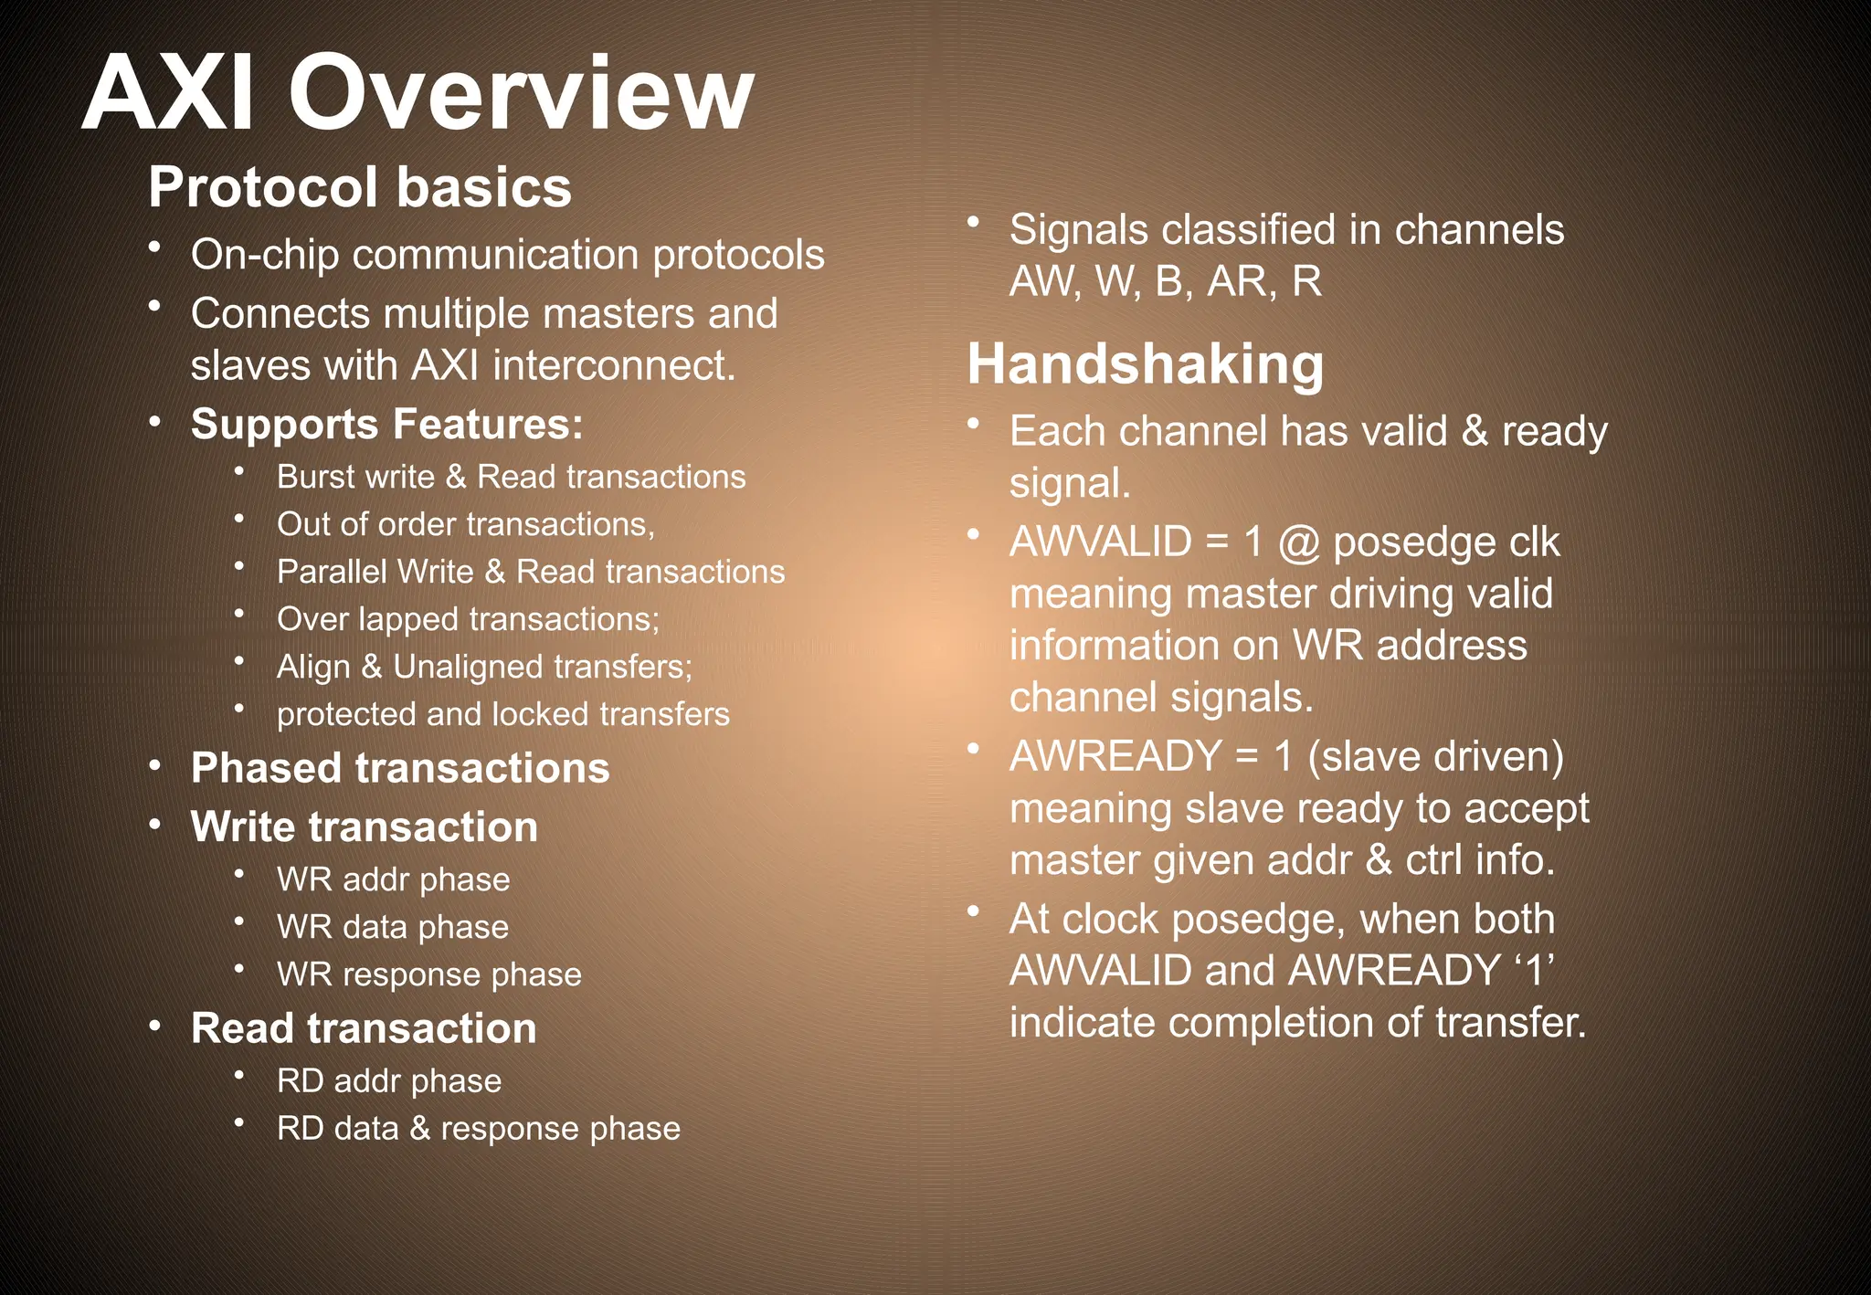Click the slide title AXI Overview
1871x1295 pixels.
click(x=418, y=93)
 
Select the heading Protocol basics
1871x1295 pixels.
click(x=360, y=187)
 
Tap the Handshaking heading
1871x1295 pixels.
click(x=1145, y=364)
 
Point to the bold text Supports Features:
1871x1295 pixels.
click(x=386, y=425)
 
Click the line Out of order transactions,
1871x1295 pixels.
click(x=466, y=524)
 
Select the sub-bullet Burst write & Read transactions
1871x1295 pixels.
click(x=511, y=477)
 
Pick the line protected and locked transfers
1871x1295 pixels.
click(x=503, y=714)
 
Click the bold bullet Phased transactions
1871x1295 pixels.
click(x=400, y=768)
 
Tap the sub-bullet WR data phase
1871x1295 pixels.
click(x=393, y=927)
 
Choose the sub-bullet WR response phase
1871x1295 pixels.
click(x=429, y=974)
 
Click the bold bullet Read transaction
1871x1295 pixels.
click(x=364, y=1028)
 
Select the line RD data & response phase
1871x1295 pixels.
click(x=479, y=1129)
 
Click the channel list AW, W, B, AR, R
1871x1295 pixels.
click(x=1165, y=281)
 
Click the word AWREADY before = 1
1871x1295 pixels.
click(x=1115, y=756)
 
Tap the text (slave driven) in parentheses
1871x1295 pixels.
click(x=1435, y=756)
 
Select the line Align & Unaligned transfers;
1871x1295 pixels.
click(x=484, y=667)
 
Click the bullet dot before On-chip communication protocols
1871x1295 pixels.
click(x=156, y=247)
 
